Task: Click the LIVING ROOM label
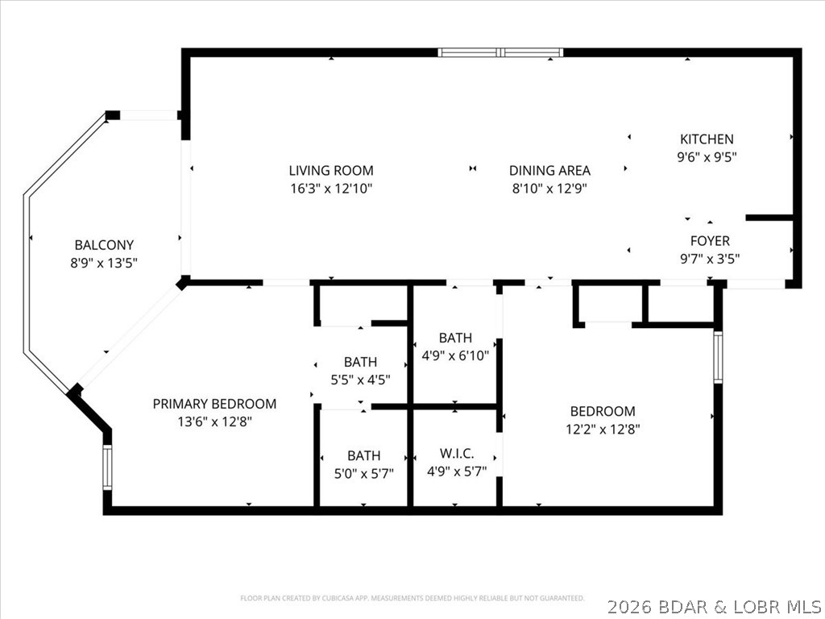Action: pos(331,170)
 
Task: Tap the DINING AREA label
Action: pos(549,170)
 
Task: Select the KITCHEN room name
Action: pos(707,139)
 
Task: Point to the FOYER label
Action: pos(710,240)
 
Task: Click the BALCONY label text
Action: pos(104,245)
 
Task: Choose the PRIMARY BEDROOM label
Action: pos(214,404)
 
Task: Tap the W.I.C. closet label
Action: pos(456,455)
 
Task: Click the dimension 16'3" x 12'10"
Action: pos(331,189)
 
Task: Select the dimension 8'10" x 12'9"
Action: pos(549,189)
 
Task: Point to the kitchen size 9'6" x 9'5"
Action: pos(707,157)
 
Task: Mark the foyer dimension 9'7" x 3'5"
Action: pos(710,259)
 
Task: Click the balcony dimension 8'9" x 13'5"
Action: pos(104,263)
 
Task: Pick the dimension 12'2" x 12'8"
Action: pos(603,429)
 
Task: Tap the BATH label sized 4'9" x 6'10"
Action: pos(455,338)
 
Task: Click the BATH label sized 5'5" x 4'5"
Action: pos(360,362)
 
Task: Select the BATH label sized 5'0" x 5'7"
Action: pos(363,455)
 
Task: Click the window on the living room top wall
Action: pos(500,53)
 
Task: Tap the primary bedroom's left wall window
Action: pos(106,467)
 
